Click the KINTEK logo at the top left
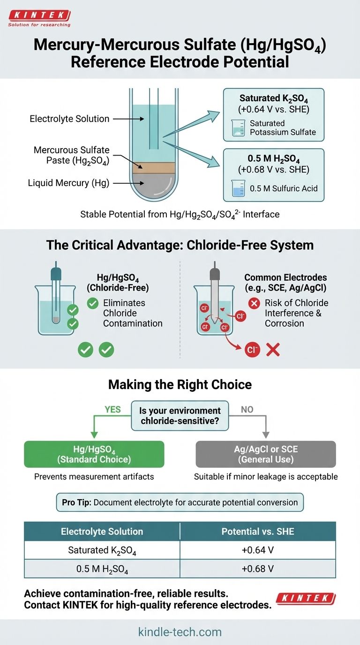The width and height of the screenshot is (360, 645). click(39, 18)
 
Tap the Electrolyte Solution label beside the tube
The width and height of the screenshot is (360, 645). click(69, 119)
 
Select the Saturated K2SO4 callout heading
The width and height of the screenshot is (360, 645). click(273, 98)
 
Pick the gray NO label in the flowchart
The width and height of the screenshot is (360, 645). click(247, 409)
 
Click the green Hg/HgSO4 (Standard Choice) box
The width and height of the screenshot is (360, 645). click(94, 454)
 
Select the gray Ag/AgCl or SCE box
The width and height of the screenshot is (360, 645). click(266, 454)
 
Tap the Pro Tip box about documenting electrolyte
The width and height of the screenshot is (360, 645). click(180, 502)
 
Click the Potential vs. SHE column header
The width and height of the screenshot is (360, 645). click(258, 532)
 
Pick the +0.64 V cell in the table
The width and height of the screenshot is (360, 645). click(258, 550)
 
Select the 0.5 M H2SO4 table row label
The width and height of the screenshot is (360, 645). click(102, 569)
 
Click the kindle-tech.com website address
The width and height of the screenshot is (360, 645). click(180, 631)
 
